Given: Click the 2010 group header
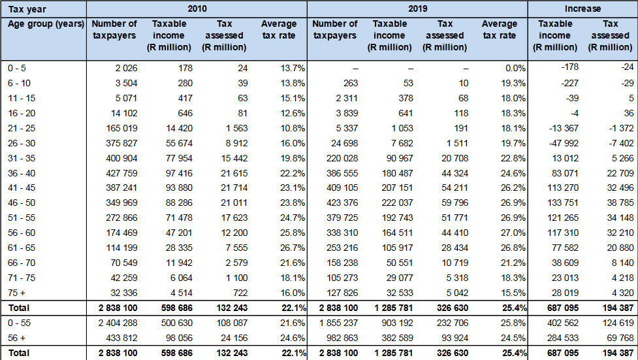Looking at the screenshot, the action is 197,8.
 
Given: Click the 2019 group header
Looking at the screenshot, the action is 417,8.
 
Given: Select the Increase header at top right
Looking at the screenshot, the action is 582,8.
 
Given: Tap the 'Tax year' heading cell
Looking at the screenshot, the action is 27,9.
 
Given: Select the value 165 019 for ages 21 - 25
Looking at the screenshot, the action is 121,128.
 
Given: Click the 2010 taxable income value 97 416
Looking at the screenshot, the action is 179,173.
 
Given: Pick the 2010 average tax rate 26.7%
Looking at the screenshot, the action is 292,248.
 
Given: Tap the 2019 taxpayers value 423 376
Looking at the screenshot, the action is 342,203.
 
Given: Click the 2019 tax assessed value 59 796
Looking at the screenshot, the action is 455,203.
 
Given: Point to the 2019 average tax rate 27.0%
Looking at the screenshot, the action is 513,233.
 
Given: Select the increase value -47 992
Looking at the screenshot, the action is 564,143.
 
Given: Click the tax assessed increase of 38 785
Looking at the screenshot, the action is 620,203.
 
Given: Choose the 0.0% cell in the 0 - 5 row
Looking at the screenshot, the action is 515,69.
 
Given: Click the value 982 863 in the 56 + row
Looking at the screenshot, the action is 342,338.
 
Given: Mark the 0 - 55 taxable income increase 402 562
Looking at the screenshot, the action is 563,323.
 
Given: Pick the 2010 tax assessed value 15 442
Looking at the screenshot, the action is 234,158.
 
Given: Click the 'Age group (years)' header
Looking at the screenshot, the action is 46,24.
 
